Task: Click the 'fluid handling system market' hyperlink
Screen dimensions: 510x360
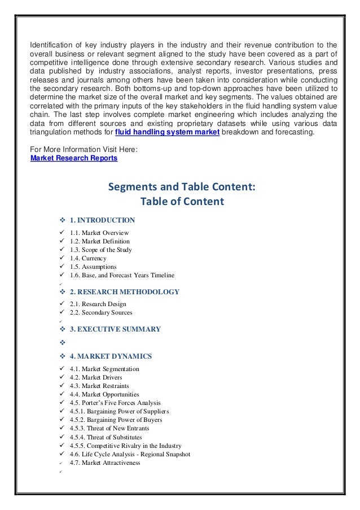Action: click(x=167, y=132)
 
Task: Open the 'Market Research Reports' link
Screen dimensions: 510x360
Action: click(x=74, y=158)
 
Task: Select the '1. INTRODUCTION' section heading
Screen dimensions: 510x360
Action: click(x=102, y=220)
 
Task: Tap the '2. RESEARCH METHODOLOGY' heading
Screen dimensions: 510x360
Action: click(x=124, y=292)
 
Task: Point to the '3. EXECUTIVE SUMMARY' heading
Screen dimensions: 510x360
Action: click(x=115, y=329)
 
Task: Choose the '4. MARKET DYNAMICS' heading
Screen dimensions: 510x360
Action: click(x=111, y=356)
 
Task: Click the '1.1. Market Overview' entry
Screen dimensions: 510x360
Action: click(x=99, y=233)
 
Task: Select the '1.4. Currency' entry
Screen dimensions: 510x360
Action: click(x=88, y=258)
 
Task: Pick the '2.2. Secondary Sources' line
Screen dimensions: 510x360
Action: click(x=101, y=313)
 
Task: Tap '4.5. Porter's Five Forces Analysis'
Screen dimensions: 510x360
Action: click(x=115, y=403)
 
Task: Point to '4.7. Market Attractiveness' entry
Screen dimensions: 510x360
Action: click(x=105, y=463)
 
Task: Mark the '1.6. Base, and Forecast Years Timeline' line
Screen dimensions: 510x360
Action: click(x=122, y=275)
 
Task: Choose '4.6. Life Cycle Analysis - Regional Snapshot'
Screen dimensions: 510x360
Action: click(x=130, y=454)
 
